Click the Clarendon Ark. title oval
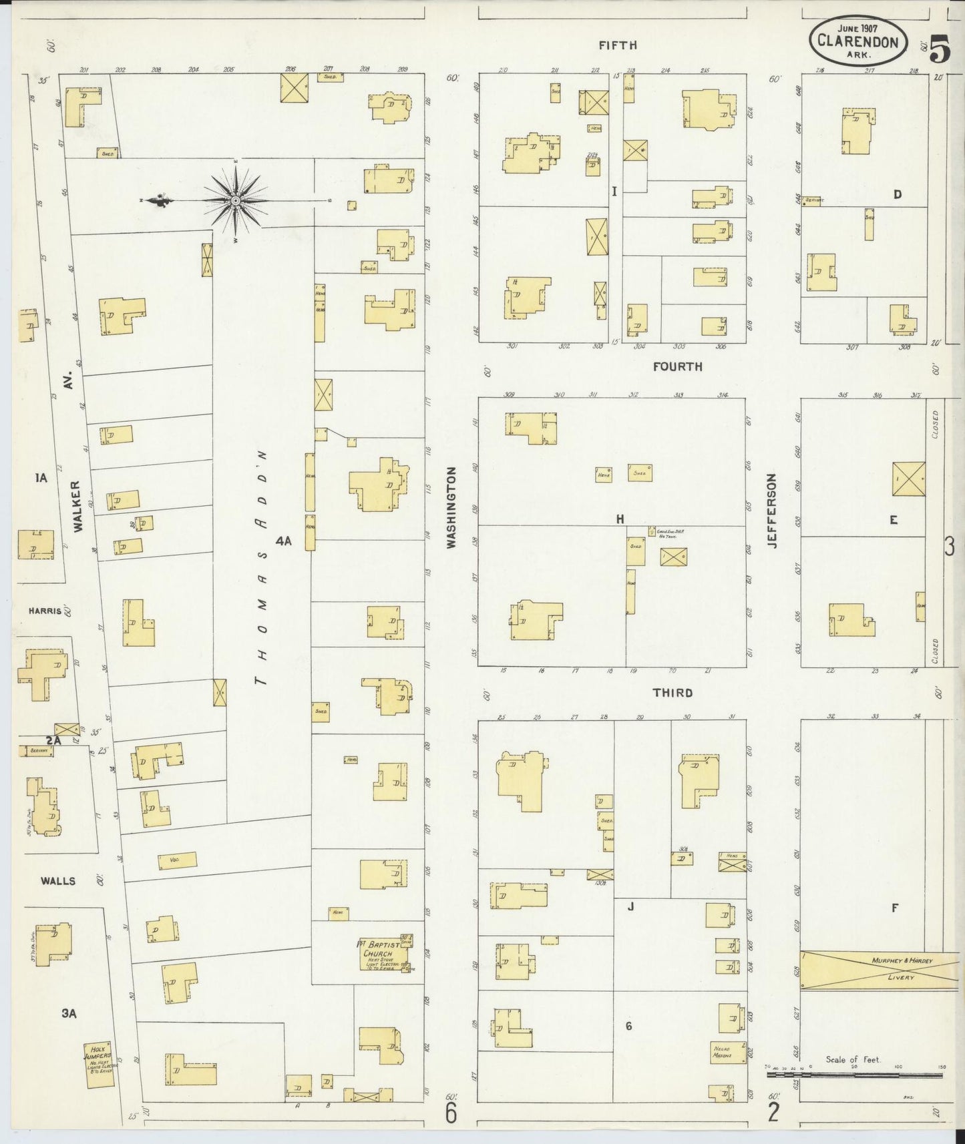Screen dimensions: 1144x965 click(x=859, y=41)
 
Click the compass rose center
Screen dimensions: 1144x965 click(x=236, y=200)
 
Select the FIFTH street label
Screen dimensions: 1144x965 click(x=617, y=45)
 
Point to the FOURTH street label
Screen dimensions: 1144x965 click(x=677, y=366)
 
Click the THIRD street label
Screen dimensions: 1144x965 click(x=672, y=693)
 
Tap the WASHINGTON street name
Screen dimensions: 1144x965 click(x=451, y=507)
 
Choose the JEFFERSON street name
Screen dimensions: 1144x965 click(x=772, y=511)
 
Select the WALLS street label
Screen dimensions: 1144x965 click(x=58, y=881)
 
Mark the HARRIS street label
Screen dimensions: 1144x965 click(x=45, y=610)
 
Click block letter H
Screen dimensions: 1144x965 click(x=620, y=519)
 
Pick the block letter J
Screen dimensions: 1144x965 click(x=630, y=906)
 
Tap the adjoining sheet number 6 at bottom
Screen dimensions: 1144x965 click(x=451, y=1113)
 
